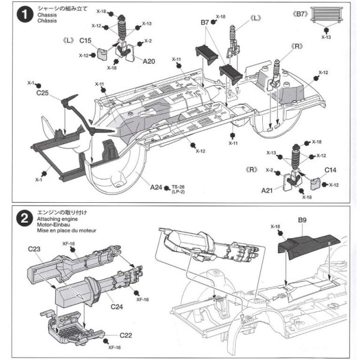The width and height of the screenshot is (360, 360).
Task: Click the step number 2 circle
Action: (24, 220)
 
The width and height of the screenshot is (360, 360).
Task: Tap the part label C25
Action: (43, 92)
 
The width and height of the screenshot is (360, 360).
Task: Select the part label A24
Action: (156, 187)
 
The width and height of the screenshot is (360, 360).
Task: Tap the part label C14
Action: (331, 170)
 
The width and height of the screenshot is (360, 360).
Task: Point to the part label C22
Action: (127, 334)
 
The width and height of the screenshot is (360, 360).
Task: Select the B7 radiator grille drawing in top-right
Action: (329, 22)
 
